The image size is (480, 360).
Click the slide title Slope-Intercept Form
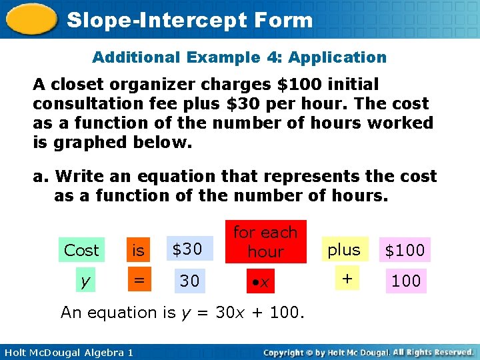click(190, 20)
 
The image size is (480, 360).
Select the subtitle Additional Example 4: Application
click(239, 57)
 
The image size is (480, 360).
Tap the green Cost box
click(81, 250)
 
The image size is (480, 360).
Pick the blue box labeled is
click(139, 250)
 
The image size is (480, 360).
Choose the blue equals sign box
click(139, 281)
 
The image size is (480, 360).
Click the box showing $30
click(189, 249)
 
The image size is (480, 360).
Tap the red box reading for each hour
click(265, 241)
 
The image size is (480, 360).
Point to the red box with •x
click(265, 281)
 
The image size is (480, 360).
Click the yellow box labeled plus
click(344, 249)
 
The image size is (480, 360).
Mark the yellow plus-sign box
click(344, 279)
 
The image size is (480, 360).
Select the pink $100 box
click(405, 250)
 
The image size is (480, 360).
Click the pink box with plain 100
click(405, 281)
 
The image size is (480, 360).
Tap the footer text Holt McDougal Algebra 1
click(67, 352)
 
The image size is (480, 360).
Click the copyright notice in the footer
click(368, 352)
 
